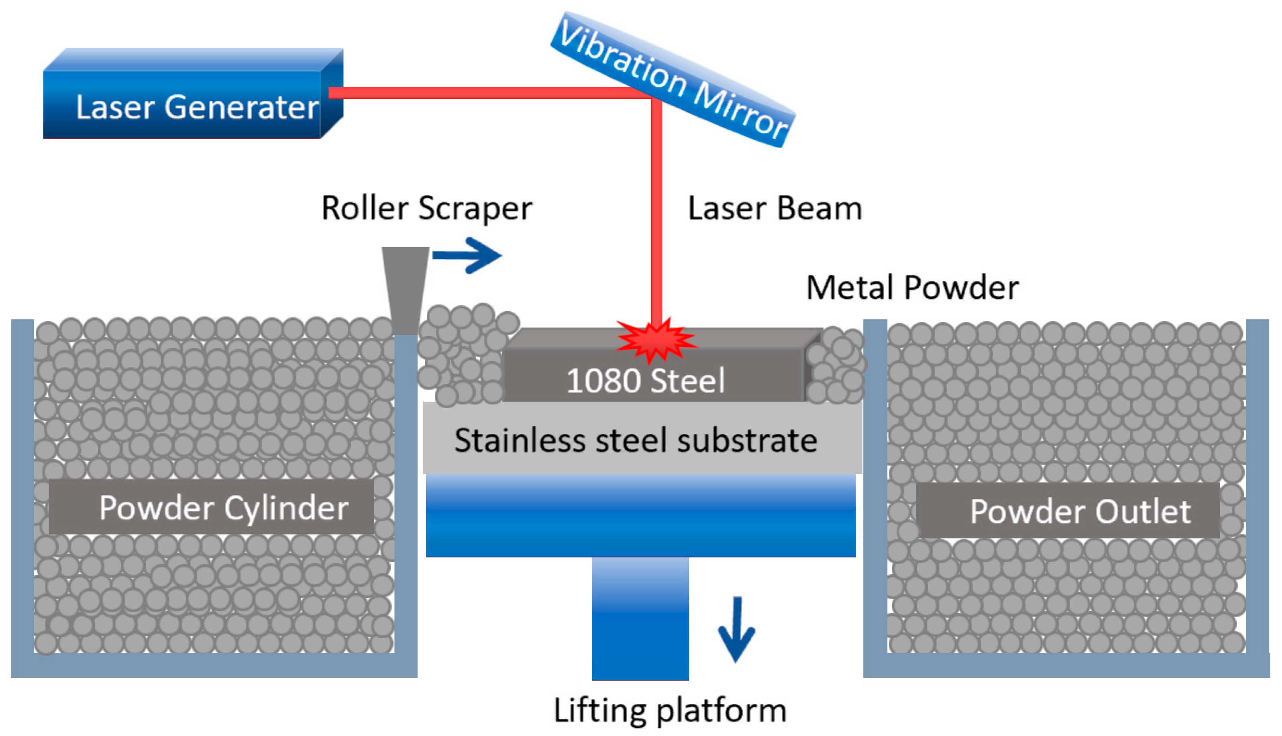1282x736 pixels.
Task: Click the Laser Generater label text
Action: (x=197, y=107)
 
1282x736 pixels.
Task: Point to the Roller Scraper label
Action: (x=427, y=208)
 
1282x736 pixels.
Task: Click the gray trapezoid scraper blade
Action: (x=406, y=288)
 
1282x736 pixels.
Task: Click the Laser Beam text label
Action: (x=775, y=208)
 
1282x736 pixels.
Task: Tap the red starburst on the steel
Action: (x=656, y=341)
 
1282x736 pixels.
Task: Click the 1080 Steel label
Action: (x=645, y=380)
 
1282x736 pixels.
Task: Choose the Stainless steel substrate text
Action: (x=636, y=440)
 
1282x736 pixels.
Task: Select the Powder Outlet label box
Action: (x=1068, y=510)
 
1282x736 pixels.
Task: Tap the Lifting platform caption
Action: (x=670, y=711)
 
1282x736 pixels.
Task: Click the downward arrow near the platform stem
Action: (x=736, y=629)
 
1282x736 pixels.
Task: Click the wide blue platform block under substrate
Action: (x=640, y=516)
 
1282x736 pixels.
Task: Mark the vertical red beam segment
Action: (x=656, y=212)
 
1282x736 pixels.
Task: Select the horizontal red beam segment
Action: (x=485, y=93)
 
